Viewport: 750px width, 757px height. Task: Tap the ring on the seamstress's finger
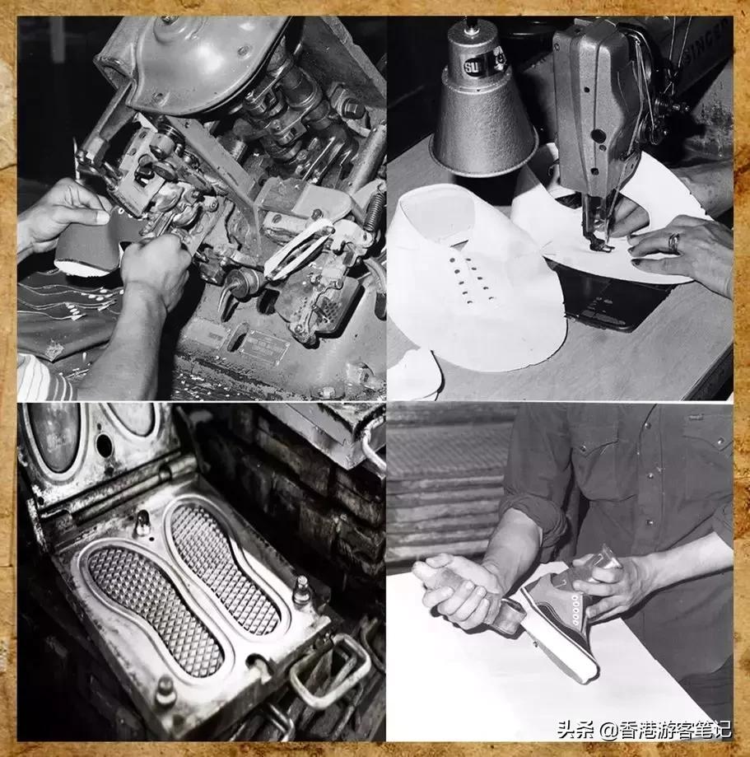pyautogui.click(x=673, y=242)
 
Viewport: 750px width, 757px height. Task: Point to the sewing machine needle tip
pyautogui.click(x=599, y=245)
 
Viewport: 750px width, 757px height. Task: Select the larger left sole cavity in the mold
pyautogui.click(x=156, y=605)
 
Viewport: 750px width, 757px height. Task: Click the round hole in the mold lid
pyautogui.click(x=105, y=445)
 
